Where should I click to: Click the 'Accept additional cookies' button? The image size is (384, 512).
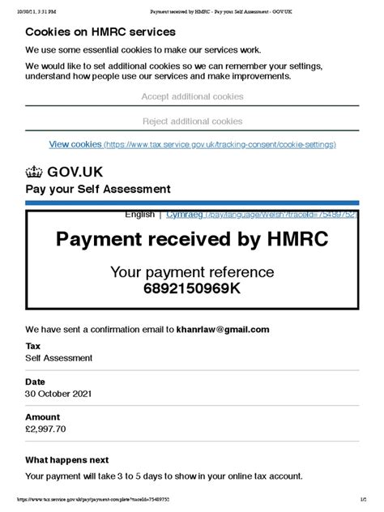192,96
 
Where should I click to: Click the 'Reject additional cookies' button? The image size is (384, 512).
192,122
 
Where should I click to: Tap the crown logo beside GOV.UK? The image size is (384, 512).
34,172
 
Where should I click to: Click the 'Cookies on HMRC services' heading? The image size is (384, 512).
100,32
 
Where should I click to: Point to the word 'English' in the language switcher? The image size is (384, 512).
139,215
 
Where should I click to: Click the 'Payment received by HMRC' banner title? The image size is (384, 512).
192,239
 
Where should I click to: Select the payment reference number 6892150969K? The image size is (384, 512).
192,288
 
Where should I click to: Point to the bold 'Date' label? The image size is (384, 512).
35,381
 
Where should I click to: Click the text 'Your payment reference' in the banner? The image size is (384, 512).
192,272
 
